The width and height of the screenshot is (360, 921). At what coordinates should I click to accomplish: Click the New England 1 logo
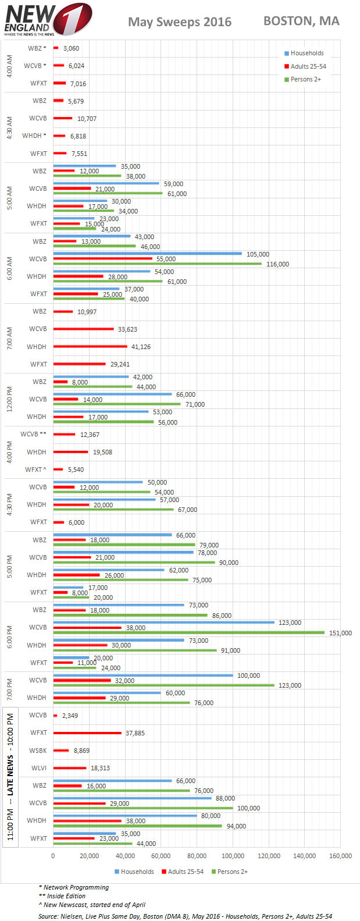click(47, 19)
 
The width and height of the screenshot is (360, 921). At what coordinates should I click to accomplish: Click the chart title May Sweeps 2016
click(179, 22)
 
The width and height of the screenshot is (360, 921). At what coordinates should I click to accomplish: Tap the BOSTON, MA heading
click(301, 21)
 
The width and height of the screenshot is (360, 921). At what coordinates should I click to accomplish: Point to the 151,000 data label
click(340, 633)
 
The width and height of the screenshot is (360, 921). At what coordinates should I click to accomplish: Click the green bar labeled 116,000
click(157, 264)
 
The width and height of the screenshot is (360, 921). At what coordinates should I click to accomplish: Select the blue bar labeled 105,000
click(147, 253)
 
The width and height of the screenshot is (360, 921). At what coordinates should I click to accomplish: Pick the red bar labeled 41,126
click(90, 346)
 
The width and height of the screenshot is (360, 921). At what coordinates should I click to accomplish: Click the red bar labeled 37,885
click(87, 732)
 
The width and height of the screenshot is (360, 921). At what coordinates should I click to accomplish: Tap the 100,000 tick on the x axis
click(233, 856)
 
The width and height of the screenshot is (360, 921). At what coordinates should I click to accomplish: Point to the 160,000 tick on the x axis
click(340, 856)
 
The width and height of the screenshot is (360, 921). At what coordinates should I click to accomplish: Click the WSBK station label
click(38, 751)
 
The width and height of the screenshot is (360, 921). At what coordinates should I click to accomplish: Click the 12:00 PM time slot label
click(9, 399)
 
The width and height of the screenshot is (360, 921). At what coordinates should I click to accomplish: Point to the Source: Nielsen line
click(185, 916)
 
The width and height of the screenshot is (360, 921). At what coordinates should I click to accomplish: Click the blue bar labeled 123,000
click(163, 622)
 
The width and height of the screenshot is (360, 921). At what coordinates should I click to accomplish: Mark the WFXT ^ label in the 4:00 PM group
click(35, 470)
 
